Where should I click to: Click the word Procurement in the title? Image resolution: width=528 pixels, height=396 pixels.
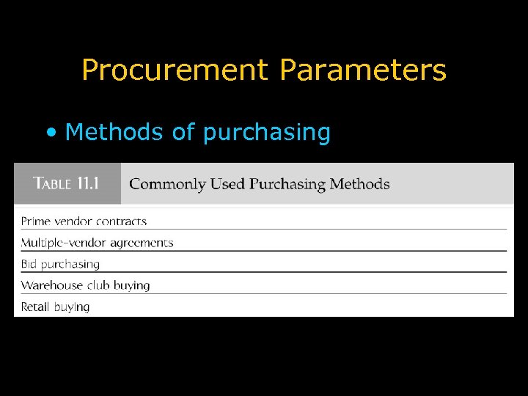click(x=175, y=70)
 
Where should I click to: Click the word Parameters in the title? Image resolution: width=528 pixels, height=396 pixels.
click(x=362, y=70)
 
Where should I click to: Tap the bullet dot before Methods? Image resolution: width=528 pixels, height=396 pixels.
click(x=50, y=133)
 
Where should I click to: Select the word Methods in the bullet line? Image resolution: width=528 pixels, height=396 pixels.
click(x=114, y=132)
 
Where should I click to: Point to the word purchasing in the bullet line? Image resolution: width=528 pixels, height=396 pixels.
click(x=266, y=133)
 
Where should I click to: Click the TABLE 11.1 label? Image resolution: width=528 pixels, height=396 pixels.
click(x=66, y=183)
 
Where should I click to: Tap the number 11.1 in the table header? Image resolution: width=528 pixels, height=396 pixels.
click(x=87, y=183)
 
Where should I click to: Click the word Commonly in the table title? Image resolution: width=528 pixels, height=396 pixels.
click(x=167, y=184)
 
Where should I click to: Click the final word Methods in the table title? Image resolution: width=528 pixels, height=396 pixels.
click(x=360, y=184)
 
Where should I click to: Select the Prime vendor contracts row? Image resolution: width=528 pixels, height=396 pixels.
click(x=84, y=221)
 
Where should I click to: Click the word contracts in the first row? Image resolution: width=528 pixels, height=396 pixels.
click(x=120, y=221)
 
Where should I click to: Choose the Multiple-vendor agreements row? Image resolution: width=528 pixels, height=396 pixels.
click(x=97, y=243)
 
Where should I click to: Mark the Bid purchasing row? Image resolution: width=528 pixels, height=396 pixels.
click(x=60, y=264)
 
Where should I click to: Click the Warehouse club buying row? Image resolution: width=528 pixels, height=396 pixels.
click(x=85, y=285)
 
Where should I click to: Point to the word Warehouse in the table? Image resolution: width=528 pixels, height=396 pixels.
click(x=50, y=285)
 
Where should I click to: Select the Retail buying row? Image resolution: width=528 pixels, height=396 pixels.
click(x=55, y=307)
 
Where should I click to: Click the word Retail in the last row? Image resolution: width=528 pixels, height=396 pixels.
click(x=34, y=307)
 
